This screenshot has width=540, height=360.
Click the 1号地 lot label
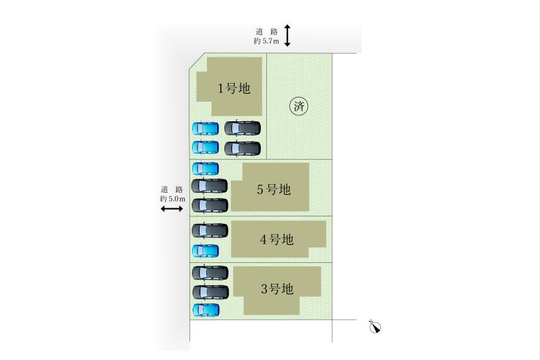234,88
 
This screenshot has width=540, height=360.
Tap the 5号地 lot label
274,189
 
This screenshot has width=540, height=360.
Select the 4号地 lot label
276,239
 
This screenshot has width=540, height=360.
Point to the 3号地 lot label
277,289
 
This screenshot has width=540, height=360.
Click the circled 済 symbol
299,106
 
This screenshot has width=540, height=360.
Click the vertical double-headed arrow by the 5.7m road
287,35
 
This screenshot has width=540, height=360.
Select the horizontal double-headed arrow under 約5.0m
172,209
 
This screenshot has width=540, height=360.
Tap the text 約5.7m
266,41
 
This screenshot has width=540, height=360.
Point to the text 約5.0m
172,199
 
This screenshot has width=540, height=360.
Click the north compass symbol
375,326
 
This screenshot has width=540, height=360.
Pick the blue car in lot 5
205,169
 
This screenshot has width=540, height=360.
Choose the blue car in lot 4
205,251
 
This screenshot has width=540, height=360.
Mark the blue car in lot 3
206,309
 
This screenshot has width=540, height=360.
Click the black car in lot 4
210,231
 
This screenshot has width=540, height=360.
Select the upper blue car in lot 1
205,129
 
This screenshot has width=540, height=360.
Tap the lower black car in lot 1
243,148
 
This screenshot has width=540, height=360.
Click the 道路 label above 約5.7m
266,32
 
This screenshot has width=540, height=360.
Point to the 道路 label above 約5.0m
172,189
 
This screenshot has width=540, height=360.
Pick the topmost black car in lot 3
210,273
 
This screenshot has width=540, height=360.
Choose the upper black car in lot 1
243,128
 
